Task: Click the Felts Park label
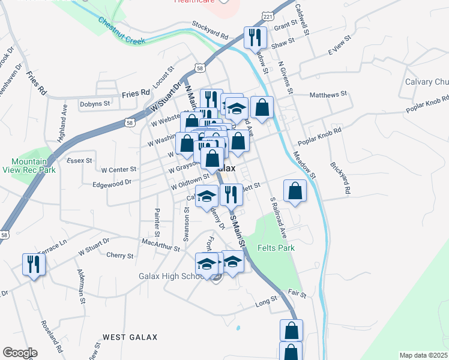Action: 273,247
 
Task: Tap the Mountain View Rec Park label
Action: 34,166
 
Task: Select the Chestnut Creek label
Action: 122,29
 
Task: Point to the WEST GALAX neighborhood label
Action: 130,337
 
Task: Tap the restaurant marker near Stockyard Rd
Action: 255,38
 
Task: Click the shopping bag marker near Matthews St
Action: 262,107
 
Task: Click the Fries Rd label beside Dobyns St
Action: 136,94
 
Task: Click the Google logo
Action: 20,353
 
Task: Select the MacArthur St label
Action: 160,246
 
